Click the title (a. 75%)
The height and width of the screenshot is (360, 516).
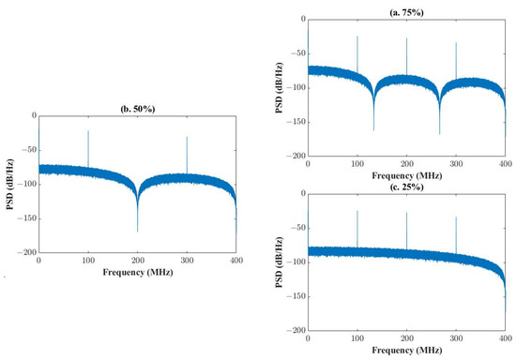click(405, 9)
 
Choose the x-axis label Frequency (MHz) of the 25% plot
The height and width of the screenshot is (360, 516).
click(405, 352)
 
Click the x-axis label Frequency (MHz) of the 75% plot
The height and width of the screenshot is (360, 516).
click(405, 175)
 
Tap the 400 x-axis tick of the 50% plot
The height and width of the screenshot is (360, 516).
click(235, 262)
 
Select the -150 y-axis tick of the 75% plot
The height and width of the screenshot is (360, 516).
click(294, 122)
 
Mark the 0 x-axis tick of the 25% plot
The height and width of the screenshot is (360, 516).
click(308, 339)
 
